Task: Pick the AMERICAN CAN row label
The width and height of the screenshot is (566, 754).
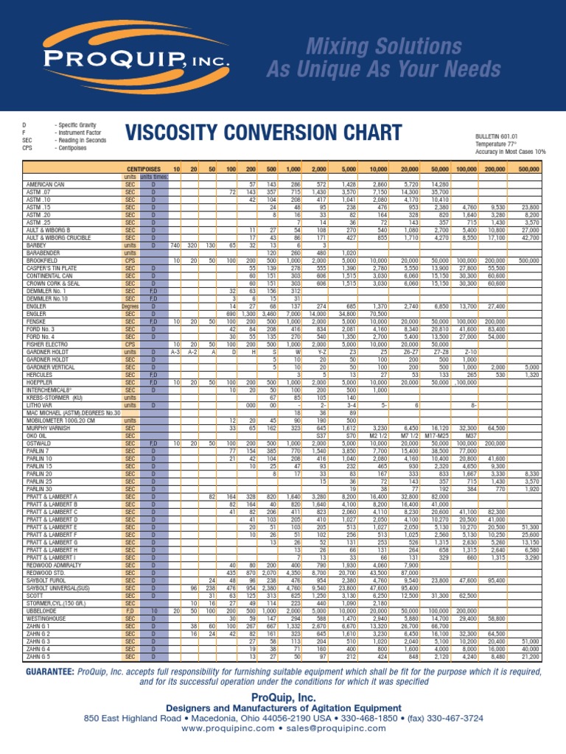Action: tap(45, 183)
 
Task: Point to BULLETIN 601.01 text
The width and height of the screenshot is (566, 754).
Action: tap(475, 136)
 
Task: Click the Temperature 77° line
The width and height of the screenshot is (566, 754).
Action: tap(472, 144)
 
